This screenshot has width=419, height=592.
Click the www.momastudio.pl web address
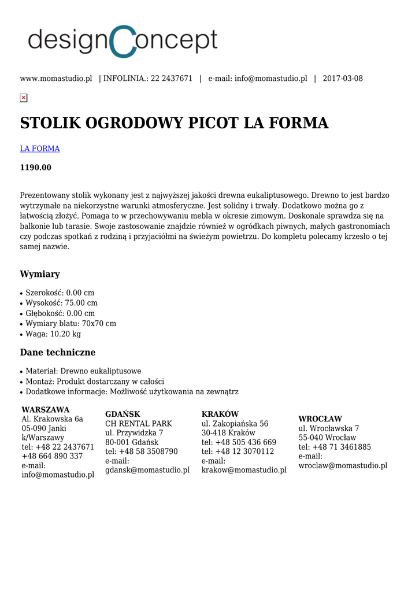[x=56, y=79]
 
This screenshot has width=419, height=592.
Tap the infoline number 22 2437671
[x=172, y=79]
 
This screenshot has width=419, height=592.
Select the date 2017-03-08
[x=343, y=79]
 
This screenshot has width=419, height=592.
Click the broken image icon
[x=24, y=98]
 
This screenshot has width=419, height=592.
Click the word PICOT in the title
[x=211, y=123]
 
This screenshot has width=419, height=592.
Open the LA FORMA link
[x=40, y=149]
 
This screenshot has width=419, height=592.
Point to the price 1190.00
[x=36, y=168]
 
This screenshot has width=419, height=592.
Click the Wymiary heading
[x=40, y=274]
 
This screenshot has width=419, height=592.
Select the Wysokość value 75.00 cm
[x=81, y=303]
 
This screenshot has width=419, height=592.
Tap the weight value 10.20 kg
[x=65, y=334]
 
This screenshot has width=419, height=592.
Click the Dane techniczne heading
[x=58, y=353]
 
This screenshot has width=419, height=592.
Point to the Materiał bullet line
[x=83, y=371]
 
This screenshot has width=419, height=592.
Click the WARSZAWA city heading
[x=45, y=410]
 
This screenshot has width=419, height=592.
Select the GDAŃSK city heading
[x=123, y=415]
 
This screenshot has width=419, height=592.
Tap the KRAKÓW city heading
[x=220, y=415]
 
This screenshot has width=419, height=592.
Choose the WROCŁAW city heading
[x=320, y=419]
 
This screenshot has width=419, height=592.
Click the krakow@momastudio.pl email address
[x=244, y=470]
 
